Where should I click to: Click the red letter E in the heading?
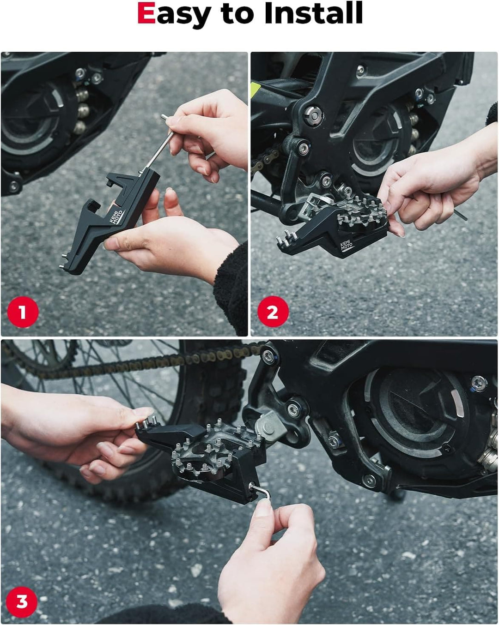[x=146, y=13]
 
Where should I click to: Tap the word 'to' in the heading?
[x=237, y=14]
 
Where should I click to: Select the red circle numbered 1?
[x=23, y=312]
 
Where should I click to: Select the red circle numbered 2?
[x=273, y=312]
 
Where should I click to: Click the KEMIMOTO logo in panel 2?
[x=347, y=245]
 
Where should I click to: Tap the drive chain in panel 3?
[x=137, y=360]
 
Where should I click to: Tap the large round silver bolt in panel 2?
[x=314, y=115]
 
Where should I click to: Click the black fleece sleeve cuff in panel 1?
[x=231, y=288]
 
